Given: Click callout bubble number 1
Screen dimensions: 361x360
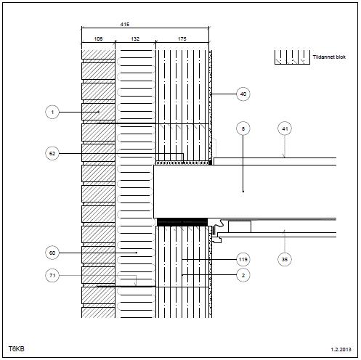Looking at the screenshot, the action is pyautogui.click(x=52, y=112).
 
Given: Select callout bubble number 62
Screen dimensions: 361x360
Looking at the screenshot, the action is pyautogui.click(x=52, y=153).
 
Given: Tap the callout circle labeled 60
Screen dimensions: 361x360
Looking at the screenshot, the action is pyautogui.click(x=52, y=253).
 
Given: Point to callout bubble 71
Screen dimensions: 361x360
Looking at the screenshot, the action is pyautogui.click(x=52, y=275).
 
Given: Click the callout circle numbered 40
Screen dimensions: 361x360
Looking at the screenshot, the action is pyautogui.click(x=243, y=94).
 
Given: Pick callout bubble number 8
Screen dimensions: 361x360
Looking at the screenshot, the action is pyautogui.click(x=243, y=128).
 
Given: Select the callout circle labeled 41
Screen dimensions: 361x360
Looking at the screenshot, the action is pyautogui.click(x=285, y=128).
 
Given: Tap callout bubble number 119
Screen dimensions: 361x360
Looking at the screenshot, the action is pyautogui.click(x=243, y=260).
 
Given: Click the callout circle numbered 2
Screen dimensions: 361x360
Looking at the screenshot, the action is pyautogui.click(x=243, y=275).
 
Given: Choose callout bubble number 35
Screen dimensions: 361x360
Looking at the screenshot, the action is pyautogui.click(x=285, y=259).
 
